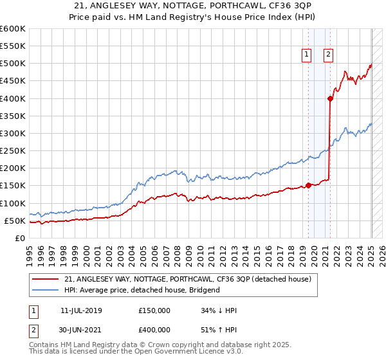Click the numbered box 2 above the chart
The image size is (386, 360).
328,55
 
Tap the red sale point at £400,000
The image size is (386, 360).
330,99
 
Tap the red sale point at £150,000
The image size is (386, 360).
308,185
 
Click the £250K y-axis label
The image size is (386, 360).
13,151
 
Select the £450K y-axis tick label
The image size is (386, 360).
13,81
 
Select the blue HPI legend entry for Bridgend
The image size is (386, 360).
142,290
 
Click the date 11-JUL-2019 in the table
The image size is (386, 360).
81,310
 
